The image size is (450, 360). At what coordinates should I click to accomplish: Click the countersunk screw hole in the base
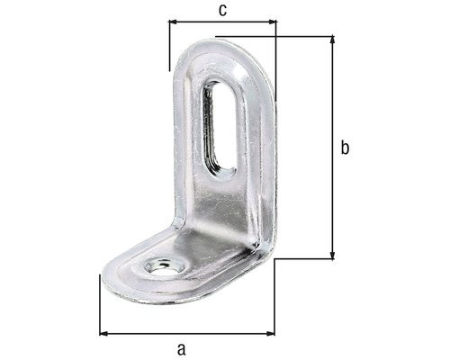click(164, 266)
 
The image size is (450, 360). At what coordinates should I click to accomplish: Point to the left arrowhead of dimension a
click(103, 334)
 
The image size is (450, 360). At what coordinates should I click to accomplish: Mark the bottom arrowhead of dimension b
click(333, 255)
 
